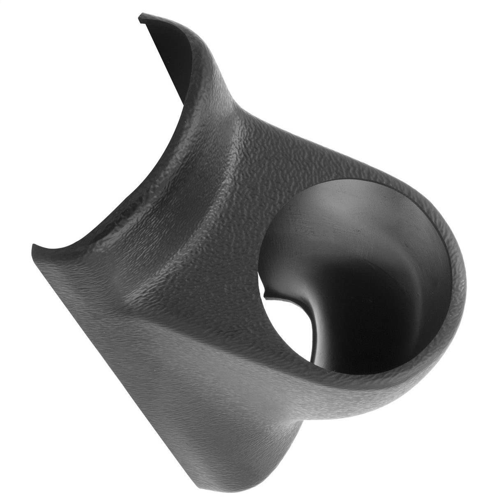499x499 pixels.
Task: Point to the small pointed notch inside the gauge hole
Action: coord(265,294)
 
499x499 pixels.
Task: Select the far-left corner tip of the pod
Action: coord(33,246)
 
